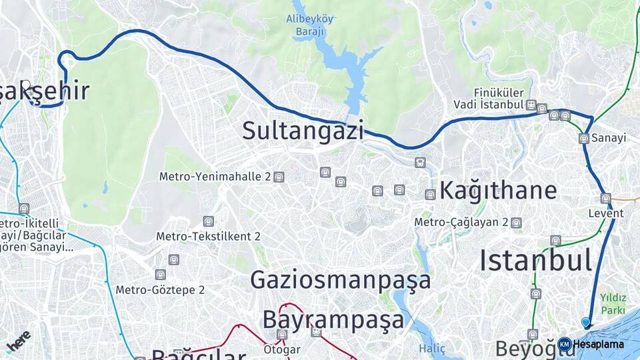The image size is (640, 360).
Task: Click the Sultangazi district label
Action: [x=303, y=130]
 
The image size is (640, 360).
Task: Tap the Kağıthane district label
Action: [x=497, y=190]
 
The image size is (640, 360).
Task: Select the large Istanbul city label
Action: [x=535, y=260]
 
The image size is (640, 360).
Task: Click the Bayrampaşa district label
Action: [x=333, y=319]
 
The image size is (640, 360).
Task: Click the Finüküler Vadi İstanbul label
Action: [x=489, y=99]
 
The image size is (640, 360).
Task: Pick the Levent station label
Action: [x=605, y=213]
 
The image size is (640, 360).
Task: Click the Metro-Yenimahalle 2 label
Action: [x=214, y=177]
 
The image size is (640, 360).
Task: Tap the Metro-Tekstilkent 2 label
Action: [x=208, y=236]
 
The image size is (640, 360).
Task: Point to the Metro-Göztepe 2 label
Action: [x=160, y=290]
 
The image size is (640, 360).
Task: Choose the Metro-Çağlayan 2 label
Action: [x=461, y=222]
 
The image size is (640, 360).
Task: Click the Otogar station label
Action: [x=282, y=349]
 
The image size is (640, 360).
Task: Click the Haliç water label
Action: [x=432, y=349]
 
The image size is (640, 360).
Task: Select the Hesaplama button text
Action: [x=598, y=344]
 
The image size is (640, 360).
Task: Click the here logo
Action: [x=19, y=340]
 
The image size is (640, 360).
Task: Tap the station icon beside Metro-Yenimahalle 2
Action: [x=279, y=177]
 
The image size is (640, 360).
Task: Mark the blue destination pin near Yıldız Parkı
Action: [x=586, y=323]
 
